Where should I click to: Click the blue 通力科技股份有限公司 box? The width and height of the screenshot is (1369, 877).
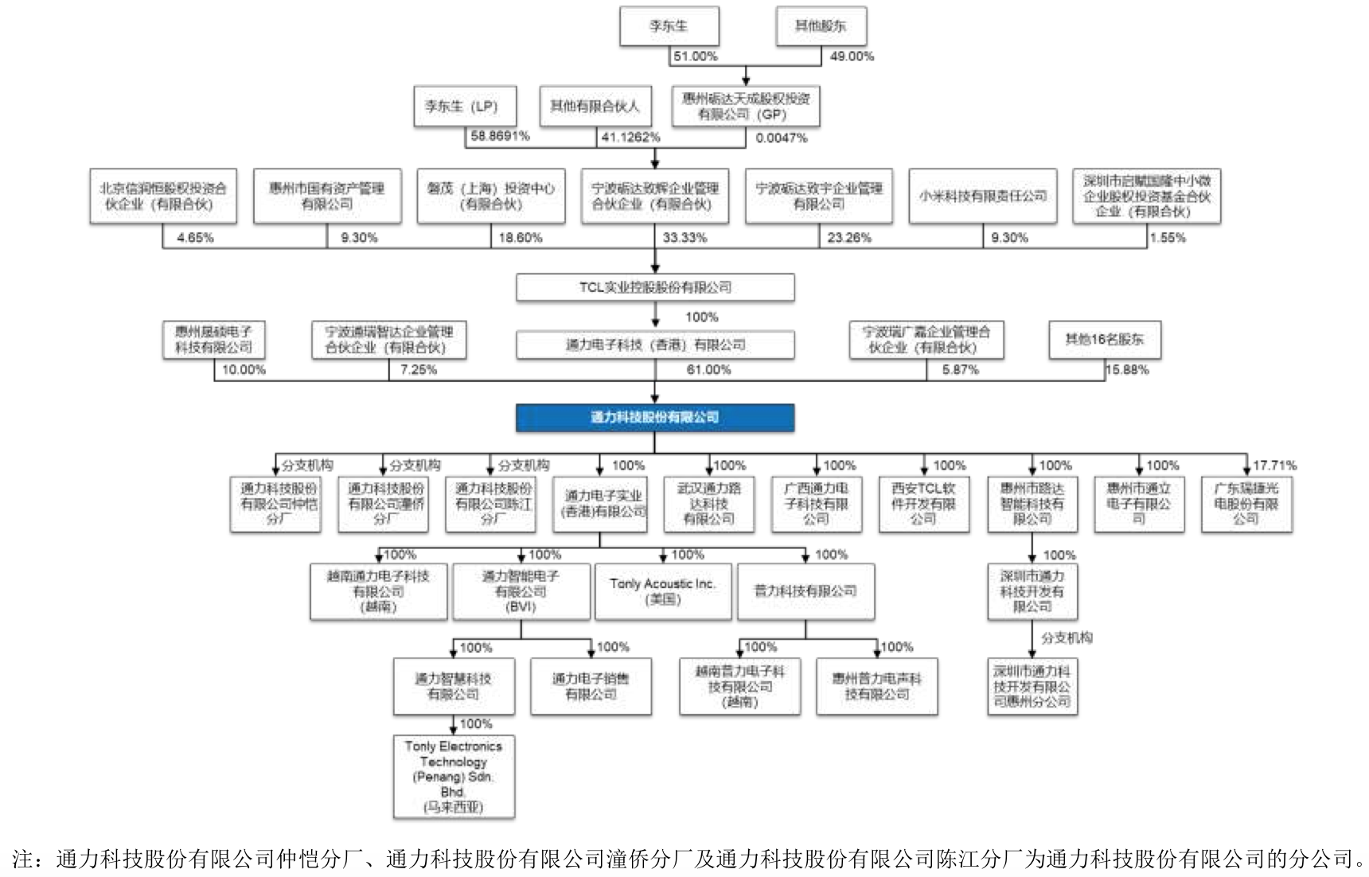coord(654,418)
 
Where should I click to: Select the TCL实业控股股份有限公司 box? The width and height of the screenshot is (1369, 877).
coord(654,287)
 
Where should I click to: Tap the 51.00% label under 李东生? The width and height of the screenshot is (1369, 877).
coord(695,57)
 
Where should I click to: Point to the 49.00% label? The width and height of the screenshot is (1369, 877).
coord(852,57)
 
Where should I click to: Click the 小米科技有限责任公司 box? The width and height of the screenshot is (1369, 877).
coord(982,196)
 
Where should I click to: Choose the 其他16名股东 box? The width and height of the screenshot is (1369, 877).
coord(1104,340)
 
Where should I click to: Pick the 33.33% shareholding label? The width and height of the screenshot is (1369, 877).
coord(684,238)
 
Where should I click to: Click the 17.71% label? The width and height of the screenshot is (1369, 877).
coord(1274,466)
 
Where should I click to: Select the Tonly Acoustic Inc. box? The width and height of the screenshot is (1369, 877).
coord(662,591)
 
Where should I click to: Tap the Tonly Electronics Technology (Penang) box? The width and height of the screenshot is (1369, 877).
coord(454,777)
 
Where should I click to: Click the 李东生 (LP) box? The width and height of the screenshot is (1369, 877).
coord(465,106)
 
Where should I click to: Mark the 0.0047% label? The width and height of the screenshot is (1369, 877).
coord(782,138)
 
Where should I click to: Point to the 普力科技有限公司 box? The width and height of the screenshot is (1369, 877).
coord(805,591)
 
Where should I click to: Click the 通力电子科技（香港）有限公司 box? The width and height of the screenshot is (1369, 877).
coord(654,345)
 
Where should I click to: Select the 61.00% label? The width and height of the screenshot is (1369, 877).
coord(708,370)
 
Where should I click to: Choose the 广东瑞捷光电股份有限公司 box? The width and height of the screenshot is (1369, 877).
coord(1246,504)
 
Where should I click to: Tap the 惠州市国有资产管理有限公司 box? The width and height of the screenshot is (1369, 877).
coord(326,196)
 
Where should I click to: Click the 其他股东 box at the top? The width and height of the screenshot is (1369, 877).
coord(821,26)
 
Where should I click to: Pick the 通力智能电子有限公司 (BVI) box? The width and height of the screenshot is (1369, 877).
coord(521,591)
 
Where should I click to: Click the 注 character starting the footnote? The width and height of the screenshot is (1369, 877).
coord(22,859)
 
